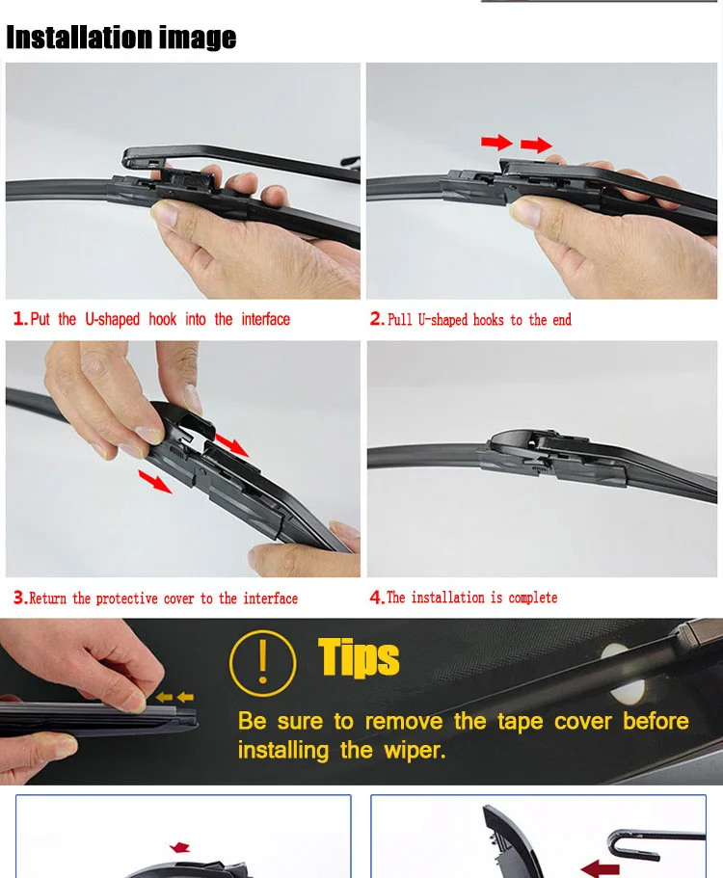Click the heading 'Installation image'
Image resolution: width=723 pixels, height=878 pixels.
click(120, 37)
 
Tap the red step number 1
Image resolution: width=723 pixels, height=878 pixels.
click(19, 319)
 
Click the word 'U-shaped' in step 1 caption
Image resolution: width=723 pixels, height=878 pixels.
click(112, 320)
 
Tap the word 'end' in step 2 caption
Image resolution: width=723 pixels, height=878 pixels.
click(562, 320)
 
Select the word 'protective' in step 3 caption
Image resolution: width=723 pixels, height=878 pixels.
click(126, 599)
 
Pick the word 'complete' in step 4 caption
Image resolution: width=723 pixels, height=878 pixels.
click(532, 599)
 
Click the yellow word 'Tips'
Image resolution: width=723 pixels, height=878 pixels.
click(359, 657)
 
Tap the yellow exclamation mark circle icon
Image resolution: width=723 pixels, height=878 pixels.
click(262, 663)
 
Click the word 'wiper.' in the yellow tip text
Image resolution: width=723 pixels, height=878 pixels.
click(415, 751)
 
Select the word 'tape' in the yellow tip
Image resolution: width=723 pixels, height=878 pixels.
click(520, 722)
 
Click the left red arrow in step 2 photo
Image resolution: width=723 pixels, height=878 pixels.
click(496, 143)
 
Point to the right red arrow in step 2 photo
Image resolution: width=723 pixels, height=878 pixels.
click(536, 145)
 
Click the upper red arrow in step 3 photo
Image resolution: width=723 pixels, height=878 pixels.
click(231, 443)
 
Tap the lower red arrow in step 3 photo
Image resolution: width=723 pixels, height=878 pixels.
click(155, 482)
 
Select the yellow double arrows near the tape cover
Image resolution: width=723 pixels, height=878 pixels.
click(174, 697)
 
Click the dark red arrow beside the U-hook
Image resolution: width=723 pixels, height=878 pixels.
click(600, 868)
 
